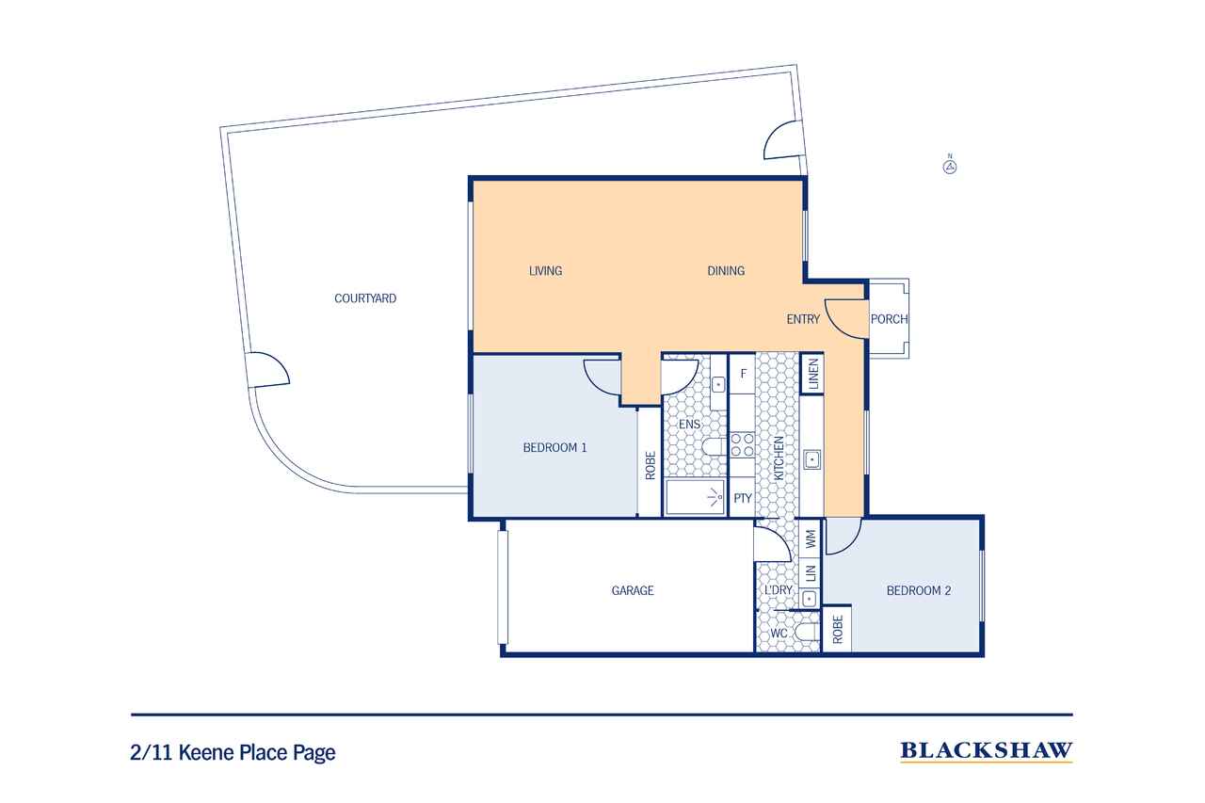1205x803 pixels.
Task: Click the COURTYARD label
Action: (x=365, y=298)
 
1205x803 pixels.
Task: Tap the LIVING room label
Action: (x=545, y=270)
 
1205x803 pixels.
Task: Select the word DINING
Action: (x=726, y=270)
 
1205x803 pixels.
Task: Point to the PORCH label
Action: (x=890, y=319)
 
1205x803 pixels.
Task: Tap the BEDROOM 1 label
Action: (x=554, y=447)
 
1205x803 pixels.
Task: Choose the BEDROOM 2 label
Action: (x=919, y=590)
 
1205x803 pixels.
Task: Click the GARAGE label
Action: (x=633, y=590)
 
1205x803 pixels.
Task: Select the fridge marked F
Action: (x=743, y=374)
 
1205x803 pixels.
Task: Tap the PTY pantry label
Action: (x=743, y=498)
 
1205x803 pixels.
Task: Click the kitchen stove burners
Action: (x=743, y=445)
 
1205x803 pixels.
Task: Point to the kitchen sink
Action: (x=811, y=459)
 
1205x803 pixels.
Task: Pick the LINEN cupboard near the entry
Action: (x=812, y=374)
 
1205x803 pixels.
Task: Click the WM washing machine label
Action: (x=811, y=538)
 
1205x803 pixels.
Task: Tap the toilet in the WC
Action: (x=807, y=633)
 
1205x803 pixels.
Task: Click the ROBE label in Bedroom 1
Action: (x=651, y=465)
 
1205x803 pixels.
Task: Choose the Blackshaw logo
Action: (x=987, y=751)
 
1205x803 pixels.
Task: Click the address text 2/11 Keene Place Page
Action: (x=233, y=752)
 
